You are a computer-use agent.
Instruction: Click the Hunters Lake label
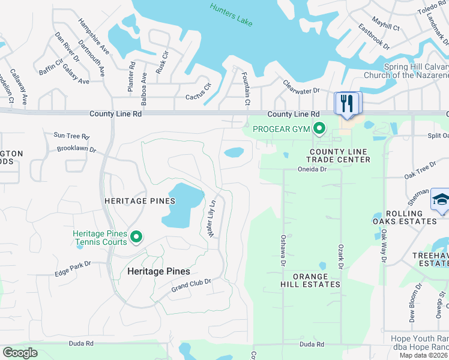(x=231, y=14)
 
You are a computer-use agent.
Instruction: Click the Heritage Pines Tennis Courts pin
(x=136, y=238)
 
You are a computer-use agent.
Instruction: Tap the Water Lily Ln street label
(x=211, y=217)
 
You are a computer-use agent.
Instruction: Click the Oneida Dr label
(x=312, y=169)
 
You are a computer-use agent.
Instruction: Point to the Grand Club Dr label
(x=191, y=286)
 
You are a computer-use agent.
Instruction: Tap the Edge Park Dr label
(x=73, y=268)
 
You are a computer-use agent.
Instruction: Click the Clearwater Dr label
(x=301, y=88)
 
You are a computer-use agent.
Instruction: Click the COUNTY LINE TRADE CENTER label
(x=338, y=156)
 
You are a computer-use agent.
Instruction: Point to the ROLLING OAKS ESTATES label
(x=412, y=217)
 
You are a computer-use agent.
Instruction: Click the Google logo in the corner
(x=20, y=353)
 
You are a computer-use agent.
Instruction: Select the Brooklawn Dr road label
(x=76, y=148)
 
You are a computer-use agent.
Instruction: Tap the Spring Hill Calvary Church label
(x=406, y=71)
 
